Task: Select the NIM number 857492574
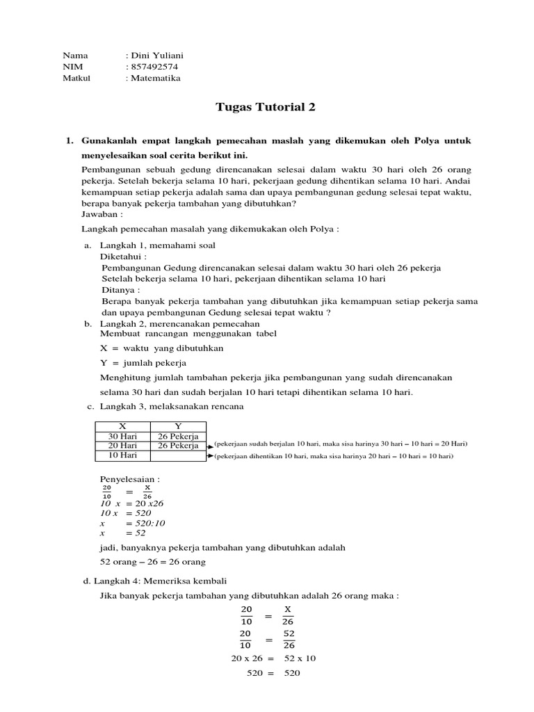[153, 67]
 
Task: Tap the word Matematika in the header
[155, 79]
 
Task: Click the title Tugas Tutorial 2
[266, 107]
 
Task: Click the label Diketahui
[124, 257]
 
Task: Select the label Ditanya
[120, 290]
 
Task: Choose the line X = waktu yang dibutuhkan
[162, 348]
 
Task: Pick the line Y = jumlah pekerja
[144, 363]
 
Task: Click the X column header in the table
[122, 426]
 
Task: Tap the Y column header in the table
[178, 426]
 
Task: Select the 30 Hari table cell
[122, 436]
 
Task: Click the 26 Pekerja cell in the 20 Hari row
[178, 446]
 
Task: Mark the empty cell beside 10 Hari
[178, 455]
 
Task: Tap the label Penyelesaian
[131, 480]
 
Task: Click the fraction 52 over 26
[289, 640]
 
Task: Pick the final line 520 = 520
[273, 674]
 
